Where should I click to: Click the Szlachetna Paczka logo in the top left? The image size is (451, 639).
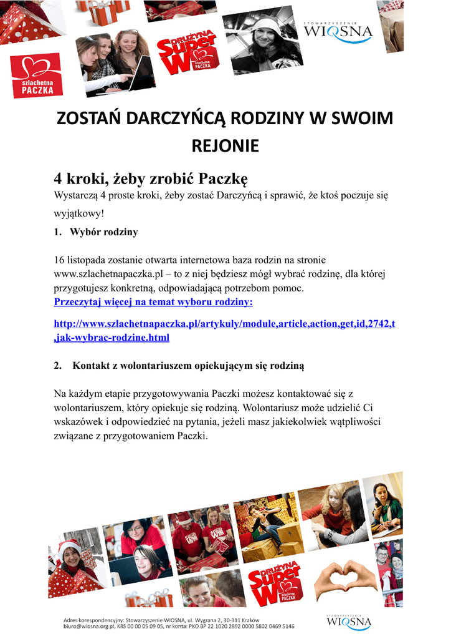tap(37, 76)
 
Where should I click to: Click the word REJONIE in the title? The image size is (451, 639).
tap(225, 147)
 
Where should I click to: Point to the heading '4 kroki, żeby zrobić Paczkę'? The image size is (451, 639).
tap(151, 180)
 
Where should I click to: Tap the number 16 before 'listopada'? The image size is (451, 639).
tap(60, 259)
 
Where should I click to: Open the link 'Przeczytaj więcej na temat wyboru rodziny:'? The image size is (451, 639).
tap(153, 303)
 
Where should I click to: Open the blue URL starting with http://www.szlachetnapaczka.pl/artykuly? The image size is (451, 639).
tap(224, 325)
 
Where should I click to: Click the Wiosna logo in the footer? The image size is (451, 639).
tap(349, 622)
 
